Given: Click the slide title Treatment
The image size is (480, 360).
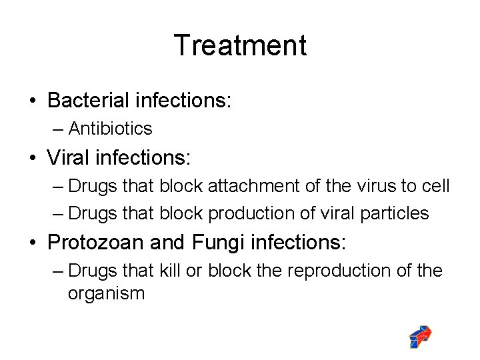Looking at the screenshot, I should (x=240, y=45).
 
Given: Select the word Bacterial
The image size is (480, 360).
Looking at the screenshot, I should (x=88, y=101).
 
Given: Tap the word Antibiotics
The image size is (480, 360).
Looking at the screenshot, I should (x=110, y=128).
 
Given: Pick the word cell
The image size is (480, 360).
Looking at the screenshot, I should (x=435, y=186).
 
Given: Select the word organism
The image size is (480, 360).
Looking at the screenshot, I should (x=106, y=293).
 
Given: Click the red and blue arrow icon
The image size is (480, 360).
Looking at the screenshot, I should (x=421, y=337).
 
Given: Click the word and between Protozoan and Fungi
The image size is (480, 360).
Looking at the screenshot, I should (x=166, y=242).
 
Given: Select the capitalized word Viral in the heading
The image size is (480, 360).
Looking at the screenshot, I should (x=67, y=158).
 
